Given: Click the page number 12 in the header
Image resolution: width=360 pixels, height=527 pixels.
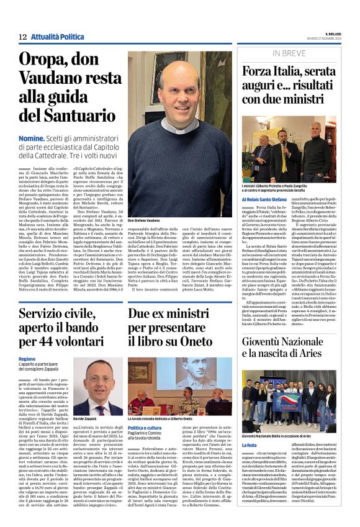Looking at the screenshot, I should pyautogui.click(x=22, y=37).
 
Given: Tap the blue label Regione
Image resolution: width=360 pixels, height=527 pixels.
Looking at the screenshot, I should pyautogui.click(x=27, y=359).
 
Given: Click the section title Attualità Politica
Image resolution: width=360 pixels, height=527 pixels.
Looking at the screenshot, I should pyautogui.click(x=58, y=37).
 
